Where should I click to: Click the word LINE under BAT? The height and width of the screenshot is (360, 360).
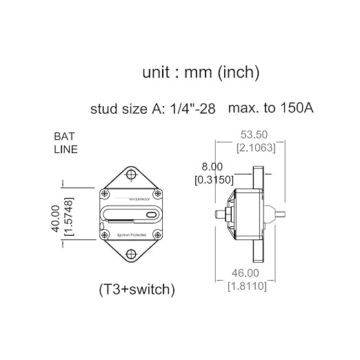coord(66,149)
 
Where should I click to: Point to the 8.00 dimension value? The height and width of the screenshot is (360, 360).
coord(212,166)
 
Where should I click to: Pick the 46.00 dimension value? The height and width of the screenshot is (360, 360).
coord(247,273)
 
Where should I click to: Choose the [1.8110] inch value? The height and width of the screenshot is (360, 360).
coord(247,286)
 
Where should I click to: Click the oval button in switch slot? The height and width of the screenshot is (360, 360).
coord(151,216)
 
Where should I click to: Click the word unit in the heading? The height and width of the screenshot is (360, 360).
coord(158,72)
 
